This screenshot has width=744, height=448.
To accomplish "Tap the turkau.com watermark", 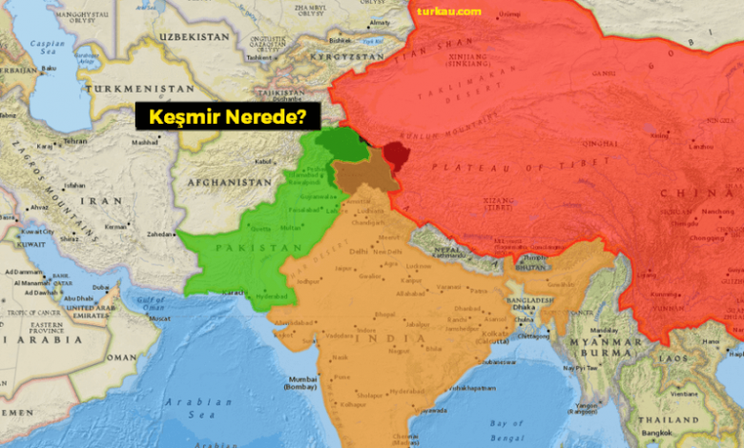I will point(449,11).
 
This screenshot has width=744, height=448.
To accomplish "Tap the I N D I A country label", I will point(394,339).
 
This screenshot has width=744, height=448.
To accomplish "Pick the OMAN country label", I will point(123,357).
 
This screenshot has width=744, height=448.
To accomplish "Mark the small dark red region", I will point(394,154).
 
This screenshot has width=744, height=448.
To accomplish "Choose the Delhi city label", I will point(359,251).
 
